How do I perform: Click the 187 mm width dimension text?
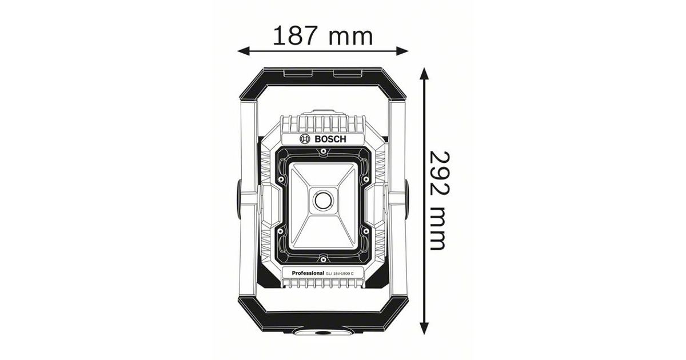click(x=323, y=36)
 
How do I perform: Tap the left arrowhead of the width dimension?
click(x=244, y=51)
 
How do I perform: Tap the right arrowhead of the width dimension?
click(x=402, y=51)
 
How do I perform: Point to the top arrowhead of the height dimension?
click(x=424, y=74)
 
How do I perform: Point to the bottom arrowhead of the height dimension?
click(x=424, y=328)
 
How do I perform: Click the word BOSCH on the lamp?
click(x=330, y=139)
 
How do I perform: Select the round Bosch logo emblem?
click(x=305, y=139)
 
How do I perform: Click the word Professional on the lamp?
click(x=308, y=273)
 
